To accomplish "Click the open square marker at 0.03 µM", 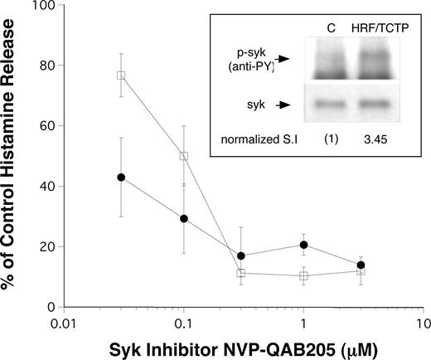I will pyautogui.click(x=121, y=75).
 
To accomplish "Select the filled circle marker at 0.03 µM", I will pyautogui.click(x=121, y=177).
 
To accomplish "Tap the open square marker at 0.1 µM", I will pyautogui.click(x=184, y=155).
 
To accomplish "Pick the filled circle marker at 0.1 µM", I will pyautogui.click(x=184, y=218).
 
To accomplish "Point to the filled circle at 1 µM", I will pyautogui.click(x=304, y=245).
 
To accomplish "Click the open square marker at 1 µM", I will pyautogui.click(x=304, y=275).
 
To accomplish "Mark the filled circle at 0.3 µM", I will pyautogui.click(x=241, y=255).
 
